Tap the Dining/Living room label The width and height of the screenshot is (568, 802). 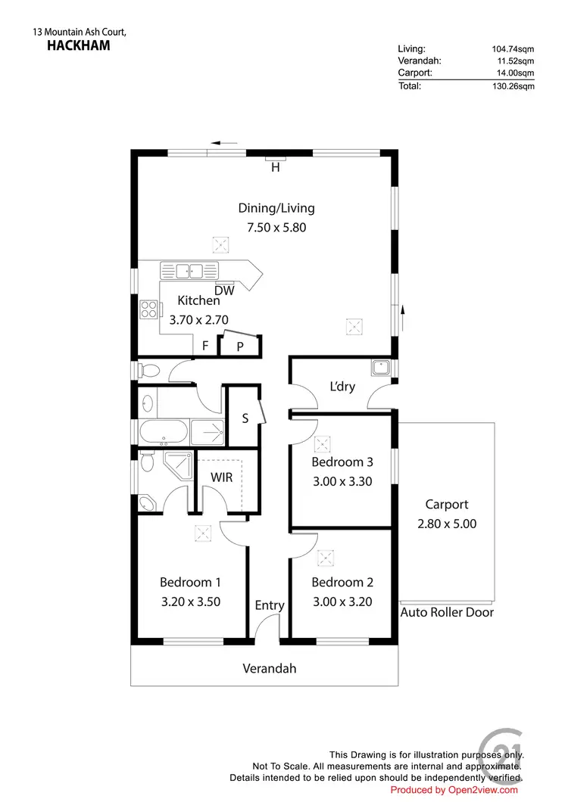(276, 208)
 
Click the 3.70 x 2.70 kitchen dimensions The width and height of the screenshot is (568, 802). (198, 319)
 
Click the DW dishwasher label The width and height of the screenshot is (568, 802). (223, 291)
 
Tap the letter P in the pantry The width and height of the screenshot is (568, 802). (240, 347)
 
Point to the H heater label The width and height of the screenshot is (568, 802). (276, 168)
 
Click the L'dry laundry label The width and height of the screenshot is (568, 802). (342, 386)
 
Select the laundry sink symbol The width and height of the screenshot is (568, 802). (379, 368)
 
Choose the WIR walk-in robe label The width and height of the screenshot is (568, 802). (221, 477)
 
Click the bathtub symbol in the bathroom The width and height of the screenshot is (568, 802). (163, 432)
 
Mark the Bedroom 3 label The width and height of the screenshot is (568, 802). (342, 462)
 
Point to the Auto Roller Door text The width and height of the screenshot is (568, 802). (447, 611)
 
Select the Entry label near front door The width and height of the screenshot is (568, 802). (270, 605)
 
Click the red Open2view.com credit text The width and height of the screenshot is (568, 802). (454, 790)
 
